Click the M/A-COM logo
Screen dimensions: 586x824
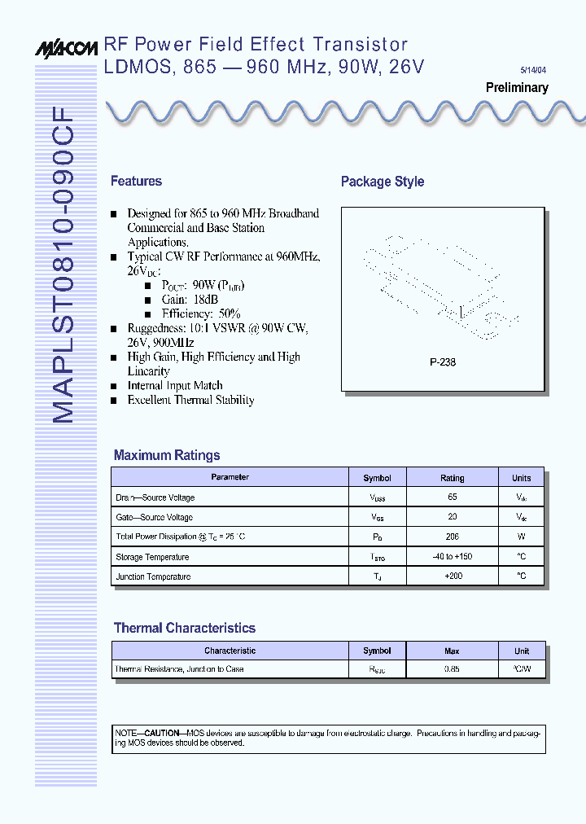pos(66,48)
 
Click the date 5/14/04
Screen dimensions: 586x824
pos(535,70)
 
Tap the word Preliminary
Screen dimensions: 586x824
pos(517,88)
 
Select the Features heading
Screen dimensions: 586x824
pos(136,182)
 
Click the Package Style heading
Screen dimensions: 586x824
pos(383,182)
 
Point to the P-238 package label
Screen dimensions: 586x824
pos(443,362)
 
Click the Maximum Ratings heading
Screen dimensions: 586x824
pos(167,456)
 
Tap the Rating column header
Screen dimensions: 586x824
pos(452,478)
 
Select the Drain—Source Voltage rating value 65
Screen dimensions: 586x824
pos(453,497)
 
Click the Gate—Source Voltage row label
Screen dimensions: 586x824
pos(155,518)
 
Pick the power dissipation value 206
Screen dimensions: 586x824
pos(453,537)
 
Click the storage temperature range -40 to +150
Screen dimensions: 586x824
pos(453,557)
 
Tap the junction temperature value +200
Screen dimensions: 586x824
pos(453,576)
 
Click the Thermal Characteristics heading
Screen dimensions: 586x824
pos(185,629)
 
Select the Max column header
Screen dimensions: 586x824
pos(452,651)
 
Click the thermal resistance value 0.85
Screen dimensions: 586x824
pos(453,669)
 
